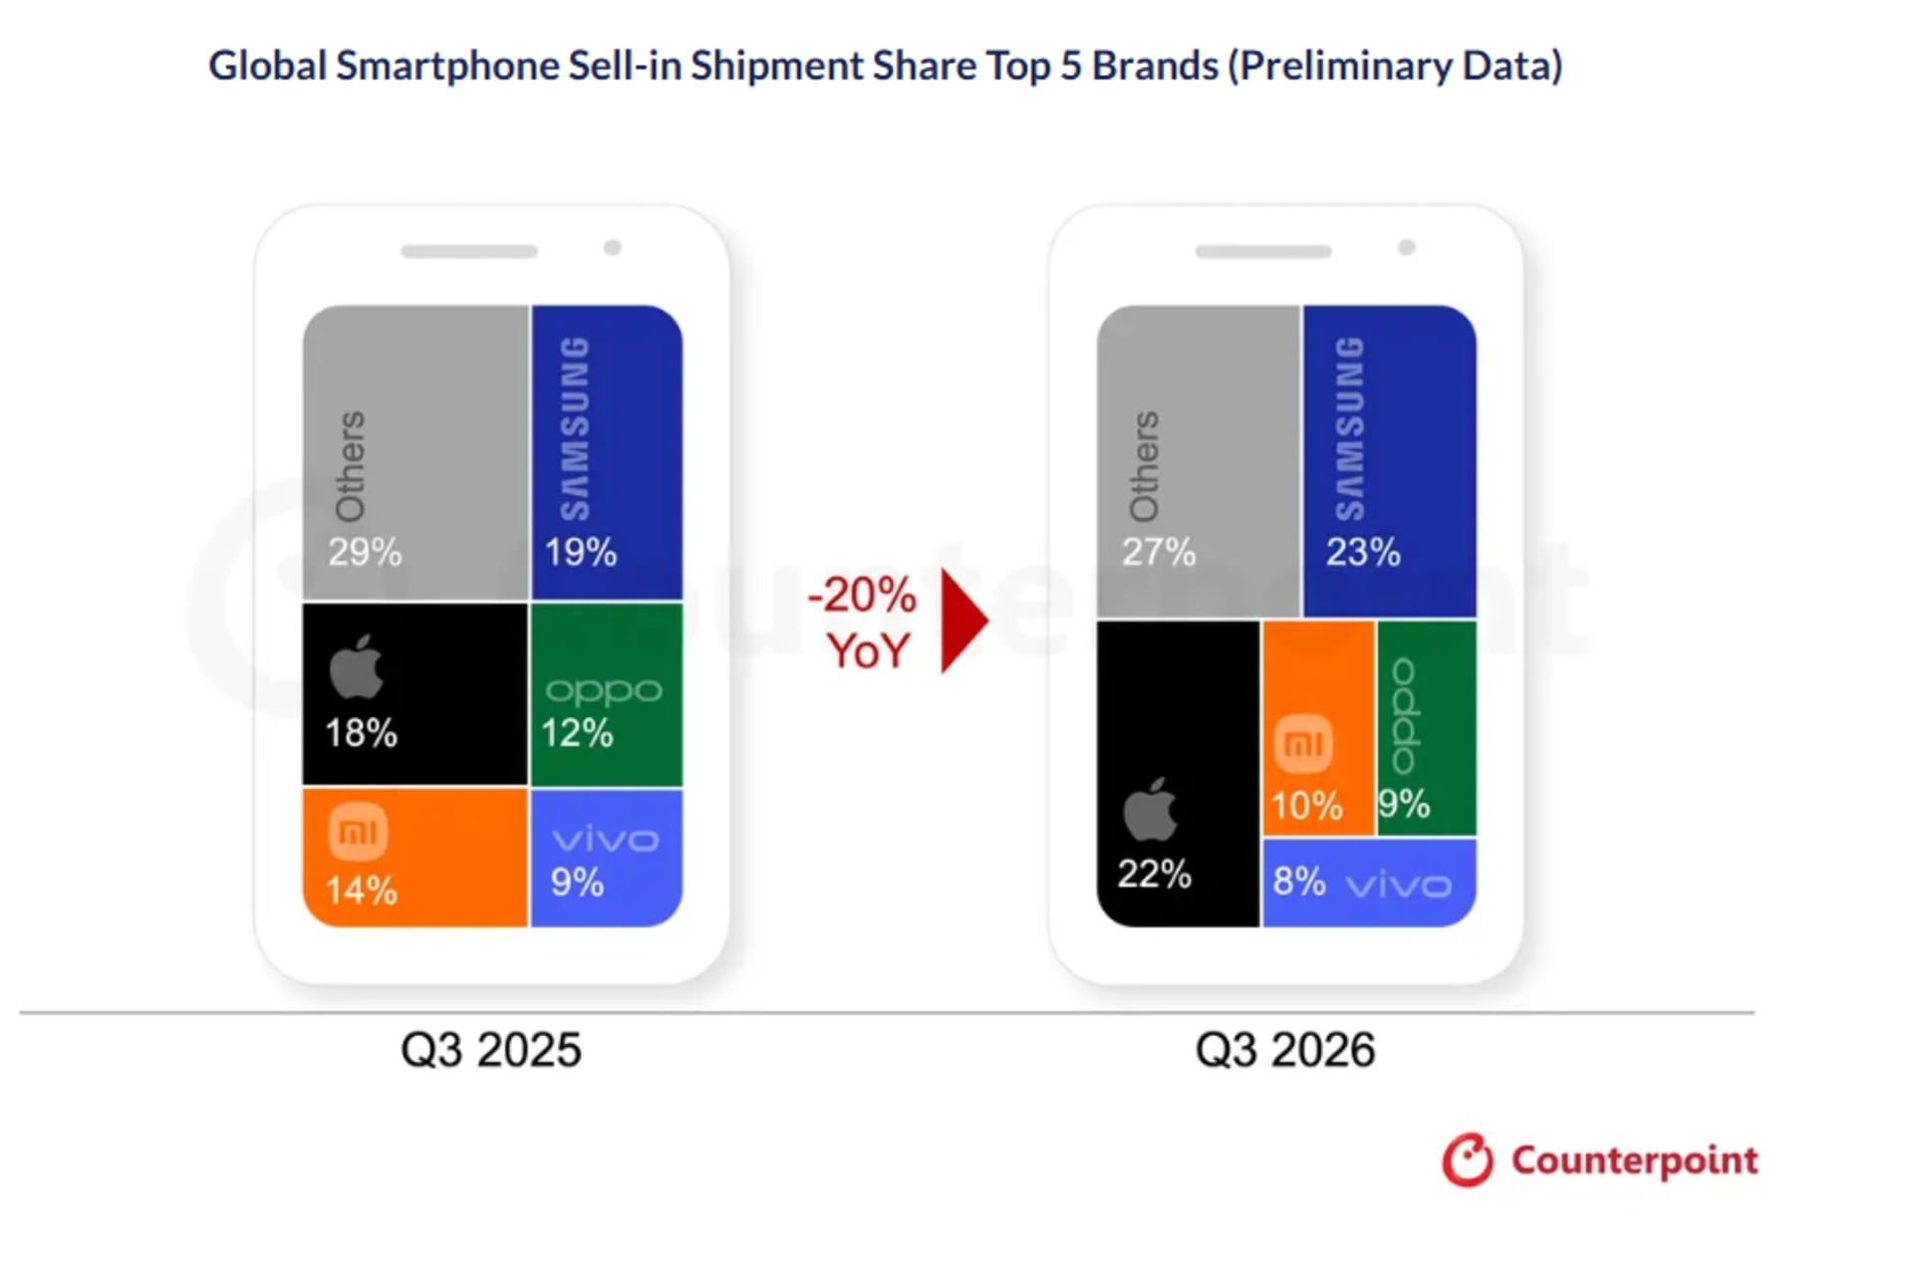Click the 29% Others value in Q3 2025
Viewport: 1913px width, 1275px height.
coord(365,552)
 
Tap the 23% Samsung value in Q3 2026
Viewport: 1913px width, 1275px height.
coord(1362,552)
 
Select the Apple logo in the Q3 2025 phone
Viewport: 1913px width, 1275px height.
coord(356,666)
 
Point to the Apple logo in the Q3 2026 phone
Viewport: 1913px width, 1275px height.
coord(1150,810)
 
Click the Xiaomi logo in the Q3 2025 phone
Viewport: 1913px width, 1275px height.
coord(358,831)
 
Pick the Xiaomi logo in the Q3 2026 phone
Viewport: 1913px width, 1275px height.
coord(1303,743)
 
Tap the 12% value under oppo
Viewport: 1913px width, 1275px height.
coord(577,733)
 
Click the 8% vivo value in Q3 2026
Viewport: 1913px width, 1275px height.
coord(1299,882)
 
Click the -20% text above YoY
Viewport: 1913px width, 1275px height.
coord(862,595)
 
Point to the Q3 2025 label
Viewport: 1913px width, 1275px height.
coord(490,1050)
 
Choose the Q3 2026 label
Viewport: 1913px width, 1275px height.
coord(1285,1050)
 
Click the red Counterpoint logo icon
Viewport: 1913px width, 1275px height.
coord(1468,1159)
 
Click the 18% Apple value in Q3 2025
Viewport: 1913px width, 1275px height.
coord(361,733)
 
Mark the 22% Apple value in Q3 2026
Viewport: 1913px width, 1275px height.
coord(1154,875)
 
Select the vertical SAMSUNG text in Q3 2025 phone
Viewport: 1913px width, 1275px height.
coord(575,428)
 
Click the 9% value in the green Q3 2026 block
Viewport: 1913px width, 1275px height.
coord(1405,804)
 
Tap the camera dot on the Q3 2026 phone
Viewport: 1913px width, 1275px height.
coord(1407,247)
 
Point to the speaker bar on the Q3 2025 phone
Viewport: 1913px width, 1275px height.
coord(469,252)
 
